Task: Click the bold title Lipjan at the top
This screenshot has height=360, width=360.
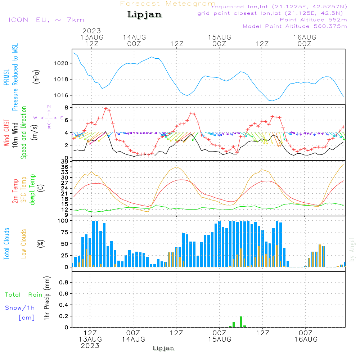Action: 144,14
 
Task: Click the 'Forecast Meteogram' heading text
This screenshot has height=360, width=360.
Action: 168,4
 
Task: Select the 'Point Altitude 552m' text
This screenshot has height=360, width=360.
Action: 313,19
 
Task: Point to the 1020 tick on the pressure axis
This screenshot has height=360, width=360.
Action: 61,63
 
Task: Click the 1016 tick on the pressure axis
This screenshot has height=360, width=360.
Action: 61,95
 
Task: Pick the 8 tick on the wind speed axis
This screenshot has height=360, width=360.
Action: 67,108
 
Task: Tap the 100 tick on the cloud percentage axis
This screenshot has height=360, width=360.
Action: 63,221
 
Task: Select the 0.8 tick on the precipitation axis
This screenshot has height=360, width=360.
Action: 64,283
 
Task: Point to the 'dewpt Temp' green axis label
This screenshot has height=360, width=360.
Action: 32,190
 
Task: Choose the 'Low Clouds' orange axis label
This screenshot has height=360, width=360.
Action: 24,244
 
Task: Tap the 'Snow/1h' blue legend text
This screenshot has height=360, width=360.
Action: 20,308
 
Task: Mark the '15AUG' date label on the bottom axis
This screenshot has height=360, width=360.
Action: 220,339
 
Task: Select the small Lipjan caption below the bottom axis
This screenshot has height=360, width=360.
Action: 163,348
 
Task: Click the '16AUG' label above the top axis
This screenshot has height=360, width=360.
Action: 305,37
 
